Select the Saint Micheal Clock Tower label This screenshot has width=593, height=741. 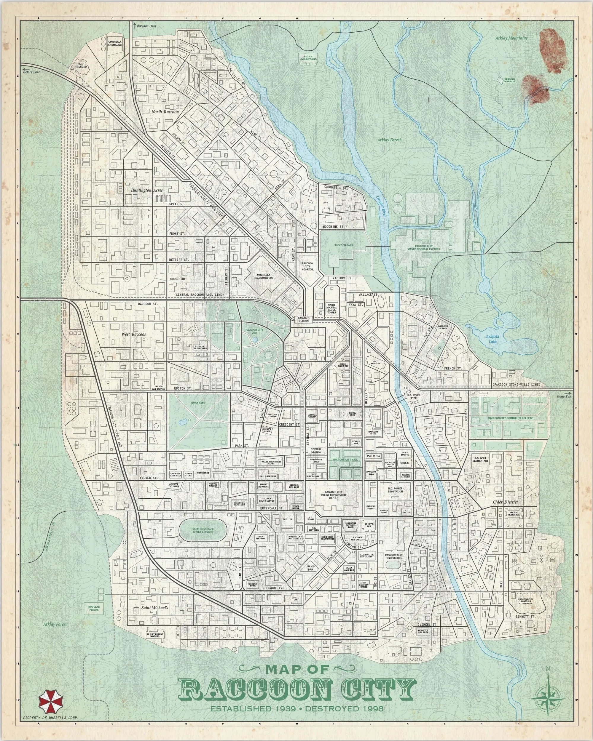click(x=331, y=309)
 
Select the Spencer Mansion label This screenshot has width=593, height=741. click(x=509, y=80)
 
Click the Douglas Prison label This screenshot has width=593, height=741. click(x=94, y=608)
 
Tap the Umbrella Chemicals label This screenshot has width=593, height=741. click(x=115, y=43)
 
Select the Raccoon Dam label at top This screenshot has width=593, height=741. click(x=146, y=26)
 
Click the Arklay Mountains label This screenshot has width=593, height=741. click(x=511, y=38)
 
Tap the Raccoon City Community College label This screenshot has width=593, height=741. click(x=510, y=418)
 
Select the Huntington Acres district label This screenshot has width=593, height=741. click(x=146, y=190)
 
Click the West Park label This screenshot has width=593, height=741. click(x=198, y=403)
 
